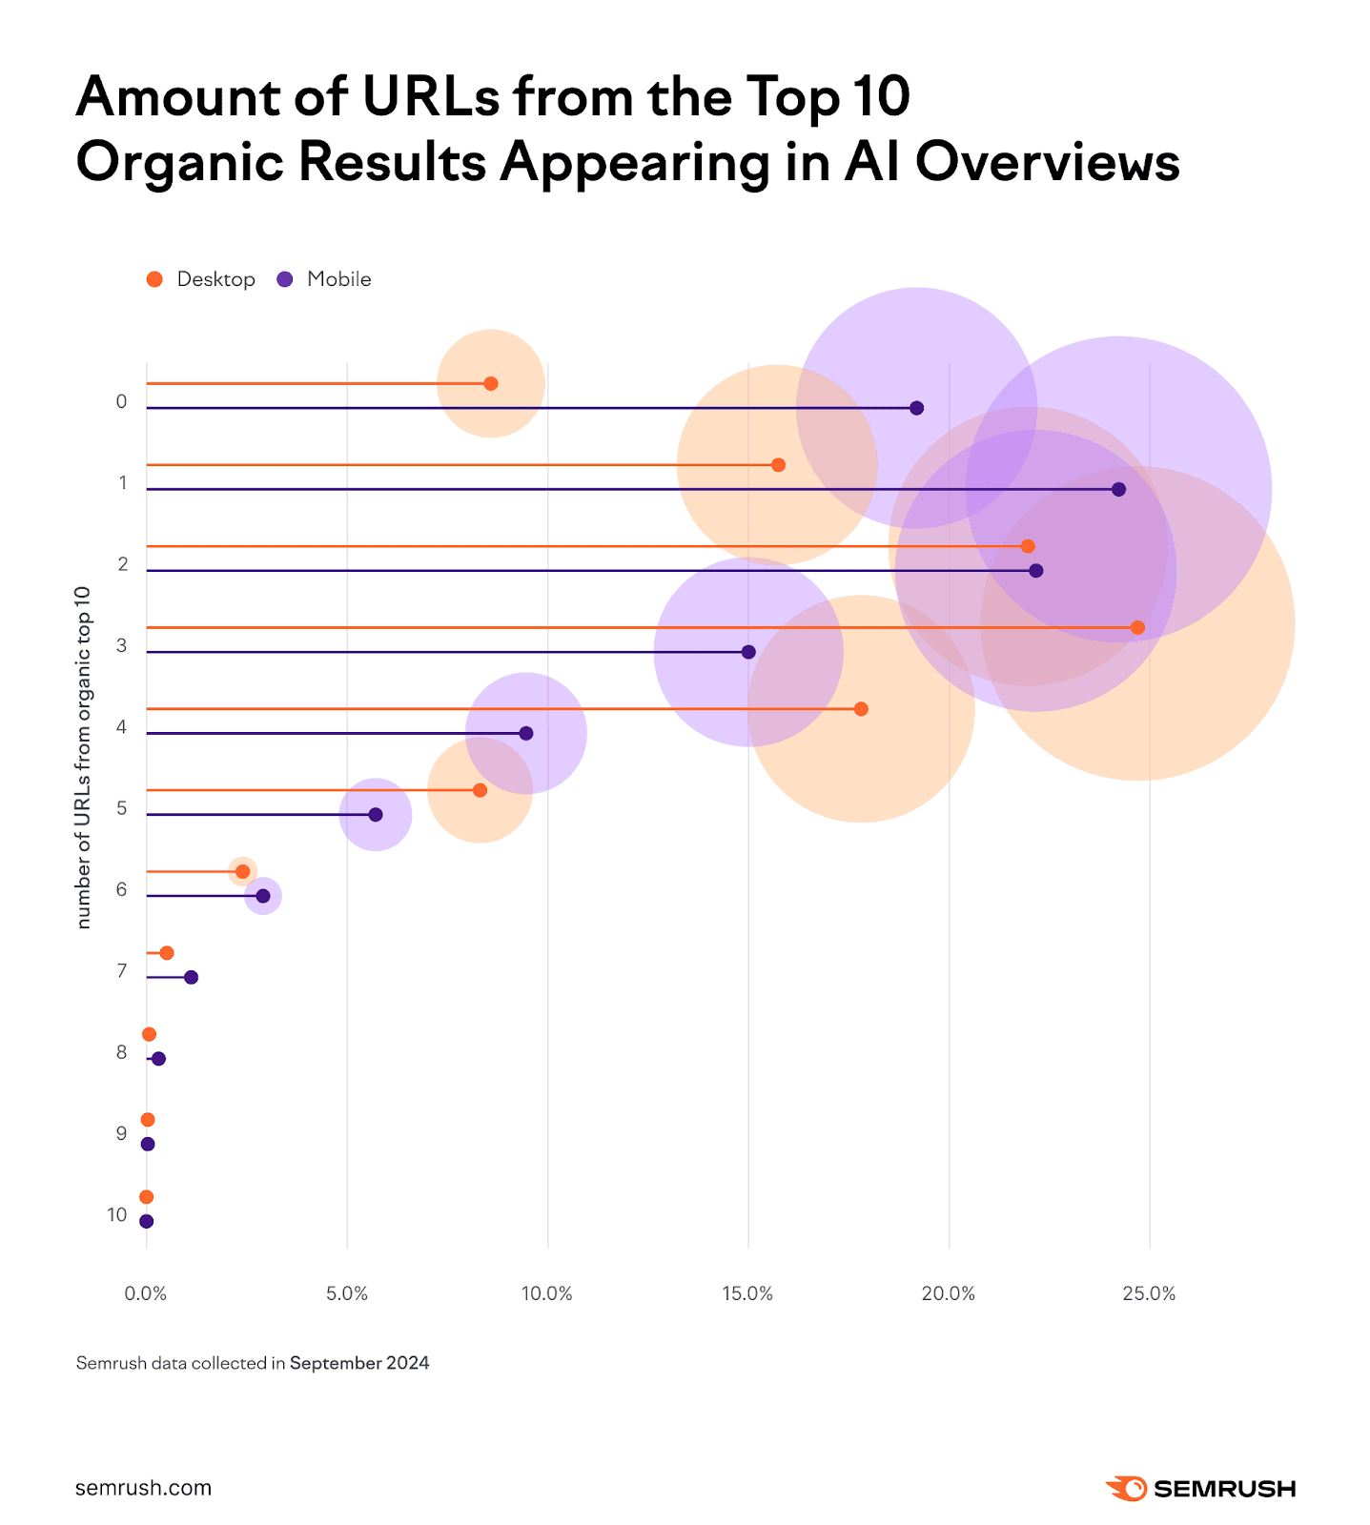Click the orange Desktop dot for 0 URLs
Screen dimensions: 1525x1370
(490, 384)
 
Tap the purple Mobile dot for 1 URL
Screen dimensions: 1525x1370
(1118, 489)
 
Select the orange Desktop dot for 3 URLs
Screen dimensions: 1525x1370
(1136, 627)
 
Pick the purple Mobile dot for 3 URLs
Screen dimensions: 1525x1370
(748, 652)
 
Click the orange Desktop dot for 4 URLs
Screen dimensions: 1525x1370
(861, 709)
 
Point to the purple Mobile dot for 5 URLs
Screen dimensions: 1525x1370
(376, 815)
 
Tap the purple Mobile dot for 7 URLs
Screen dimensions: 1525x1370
(191, 977)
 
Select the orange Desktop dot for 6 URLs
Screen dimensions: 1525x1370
(242, 871)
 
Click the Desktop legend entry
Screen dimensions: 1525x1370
(201, 279)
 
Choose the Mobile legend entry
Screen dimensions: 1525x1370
(324, 279)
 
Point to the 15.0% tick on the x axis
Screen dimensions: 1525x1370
(747, 1293)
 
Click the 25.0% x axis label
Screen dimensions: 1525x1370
(1149, 1293)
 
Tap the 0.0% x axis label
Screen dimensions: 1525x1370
(146, 1293)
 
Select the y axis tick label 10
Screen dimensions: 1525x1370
(117, 1214)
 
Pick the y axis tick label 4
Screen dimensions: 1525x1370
(121, 727)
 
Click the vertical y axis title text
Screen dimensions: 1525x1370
(83, 758)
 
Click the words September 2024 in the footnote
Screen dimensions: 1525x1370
(359, 1363)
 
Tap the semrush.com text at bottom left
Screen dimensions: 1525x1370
(143, 1488)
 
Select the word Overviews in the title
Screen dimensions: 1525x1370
(1048, 162)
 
